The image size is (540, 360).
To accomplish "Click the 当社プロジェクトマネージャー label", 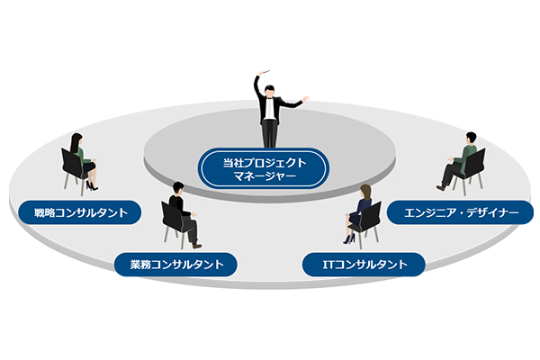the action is [x=264, y=168].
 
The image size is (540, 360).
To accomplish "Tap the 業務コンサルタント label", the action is [x=175, y=265].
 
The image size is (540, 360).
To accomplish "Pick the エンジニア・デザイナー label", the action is [x=460, y=213].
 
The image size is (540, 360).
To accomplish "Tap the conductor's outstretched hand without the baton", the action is [x=307, y=98].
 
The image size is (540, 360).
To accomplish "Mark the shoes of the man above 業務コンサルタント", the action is [x=196, y=245].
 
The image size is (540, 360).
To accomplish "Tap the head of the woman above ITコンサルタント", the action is [x=365, y=192].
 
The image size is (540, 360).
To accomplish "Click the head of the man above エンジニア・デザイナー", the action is [x=469, y=139].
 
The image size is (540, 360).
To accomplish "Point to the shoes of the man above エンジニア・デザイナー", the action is [x=440, y=187].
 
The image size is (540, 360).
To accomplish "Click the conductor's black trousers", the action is [x=269, y=132].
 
